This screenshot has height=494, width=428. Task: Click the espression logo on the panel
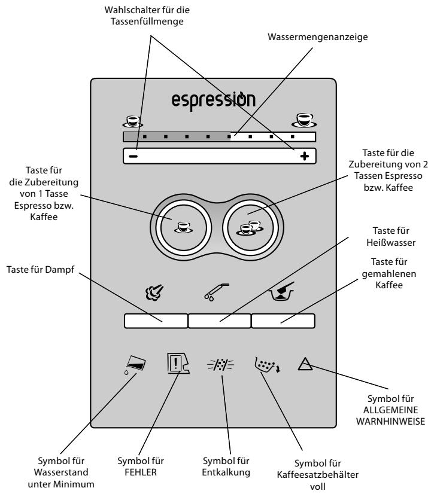coord(214,100)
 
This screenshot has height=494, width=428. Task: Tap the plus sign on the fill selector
coord(304,156)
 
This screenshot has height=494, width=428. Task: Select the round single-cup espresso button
coord(184,227)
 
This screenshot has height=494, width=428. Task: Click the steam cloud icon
coord(154,292)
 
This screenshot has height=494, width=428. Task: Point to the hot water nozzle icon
coord(216,292)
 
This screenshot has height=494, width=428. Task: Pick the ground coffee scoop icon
coord(281,291)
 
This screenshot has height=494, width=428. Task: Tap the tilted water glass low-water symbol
coord(135,365)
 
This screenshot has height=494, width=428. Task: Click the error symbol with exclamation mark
coord(178,363)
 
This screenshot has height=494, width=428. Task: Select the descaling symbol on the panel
coord(220,365)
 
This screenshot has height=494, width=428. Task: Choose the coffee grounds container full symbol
coord(267,365)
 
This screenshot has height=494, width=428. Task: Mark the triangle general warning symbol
coord(305,364)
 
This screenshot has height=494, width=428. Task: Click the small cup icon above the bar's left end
coord(133,121)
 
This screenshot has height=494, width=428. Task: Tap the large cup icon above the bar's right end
coord(303,120)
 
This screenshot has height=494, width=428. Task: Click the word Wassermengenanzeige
coord(318,37)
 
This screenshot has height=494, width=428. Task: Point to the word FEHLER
coord(141,472)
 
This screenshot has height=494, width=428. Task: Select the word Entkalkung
coord(226,472)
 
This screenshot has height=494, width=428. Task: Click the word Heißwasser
coord(391,243)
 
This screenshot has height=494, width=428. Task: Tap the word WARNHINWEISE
coord(390,421)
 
